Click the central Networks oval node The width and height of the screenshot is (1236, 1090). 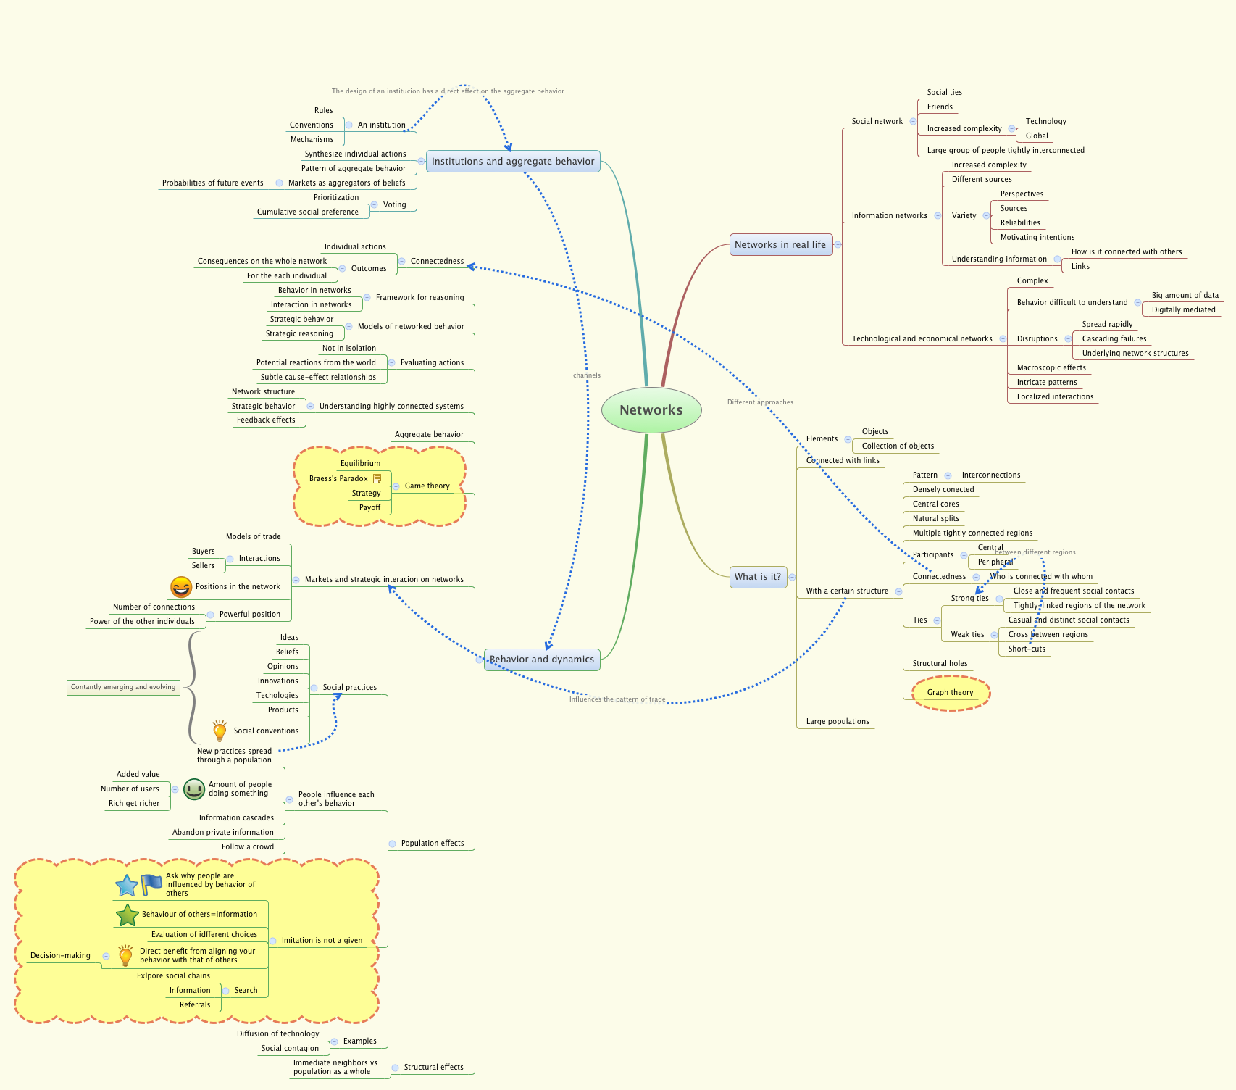[651, 410]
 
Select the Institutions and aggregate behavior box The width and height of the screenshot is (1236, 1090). [513, 162]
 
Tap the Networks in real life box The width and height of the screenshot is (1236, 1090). [780, 245]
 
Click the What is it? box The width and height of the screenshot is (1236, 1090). [758, 577]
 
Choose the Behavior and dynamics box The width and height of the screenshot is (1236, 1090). [542, 660]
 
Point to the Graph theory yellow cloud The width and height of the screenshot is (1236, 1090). [950, 693]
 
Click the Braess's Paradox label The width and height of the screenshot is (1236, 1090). [338, 479]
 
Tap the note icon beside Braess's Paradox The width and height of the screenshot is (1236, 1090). [377, 479]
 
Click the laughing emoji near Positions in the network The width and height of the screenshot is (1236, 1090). [181, 587]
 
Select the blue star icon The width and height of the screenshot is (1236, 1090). [127, 885]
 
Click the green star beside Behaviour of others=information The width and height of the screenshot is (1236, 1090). [127, 915]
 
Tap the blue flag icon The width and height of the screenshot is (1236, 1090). [151, 884]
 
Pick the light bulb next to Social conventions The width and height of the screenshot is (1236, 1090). [220, 731]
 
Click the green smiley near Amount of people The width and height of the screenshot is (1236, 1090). [194, 789]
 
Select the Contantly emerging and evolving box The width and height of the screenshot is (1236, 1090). [123, 687]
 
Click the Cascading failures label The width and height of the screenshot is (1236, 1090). [1114, 339]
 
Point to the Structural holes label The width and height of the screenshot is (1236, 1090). [940, 664]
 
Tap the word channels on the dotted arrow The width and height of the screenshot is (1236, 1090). [587, 375]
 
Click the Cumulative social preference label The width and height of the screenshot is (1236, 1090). [307, 212]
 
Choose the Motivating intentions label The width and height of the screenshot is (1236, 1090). [1037, 238]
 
